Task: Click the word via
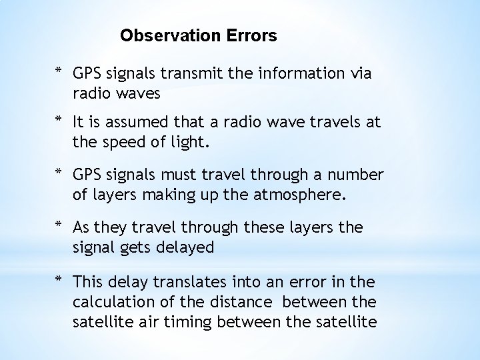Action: [x=359, y=73]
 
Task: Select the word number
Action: [x=355, y=175]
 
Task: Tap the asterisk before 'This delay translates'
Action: [x=59, y=281]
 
